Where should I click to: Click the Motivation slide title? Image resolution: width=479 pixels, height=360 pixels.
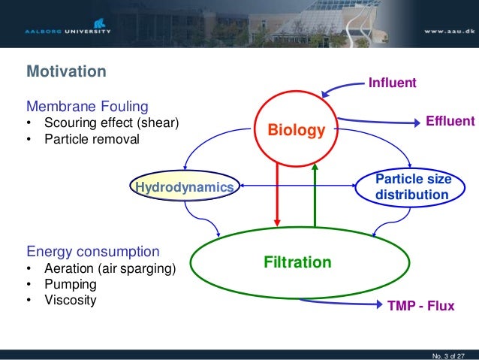[66, 72]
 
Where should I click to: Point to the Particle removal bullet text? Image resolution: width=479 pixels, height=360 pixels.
[92, 139]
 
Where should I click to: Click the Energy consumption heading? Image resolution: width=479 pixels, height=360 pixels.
[93, 251]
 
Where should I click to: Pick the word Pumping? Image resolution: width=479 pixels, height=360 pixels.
[70, 285]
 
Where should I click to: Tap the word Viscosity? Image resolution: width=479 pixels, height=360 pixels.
[70, 301]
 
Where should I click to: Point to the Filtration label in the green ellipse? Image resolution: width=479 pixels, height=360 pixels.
[297, 262]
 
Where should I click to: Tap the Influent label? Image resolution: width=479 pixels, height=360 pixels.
[391, 82]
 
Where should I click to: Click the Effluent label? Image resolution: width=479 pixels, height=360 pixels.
[450, 121]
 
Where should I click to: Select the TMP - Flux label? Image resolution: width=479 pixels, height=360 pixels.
[420, 307]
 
